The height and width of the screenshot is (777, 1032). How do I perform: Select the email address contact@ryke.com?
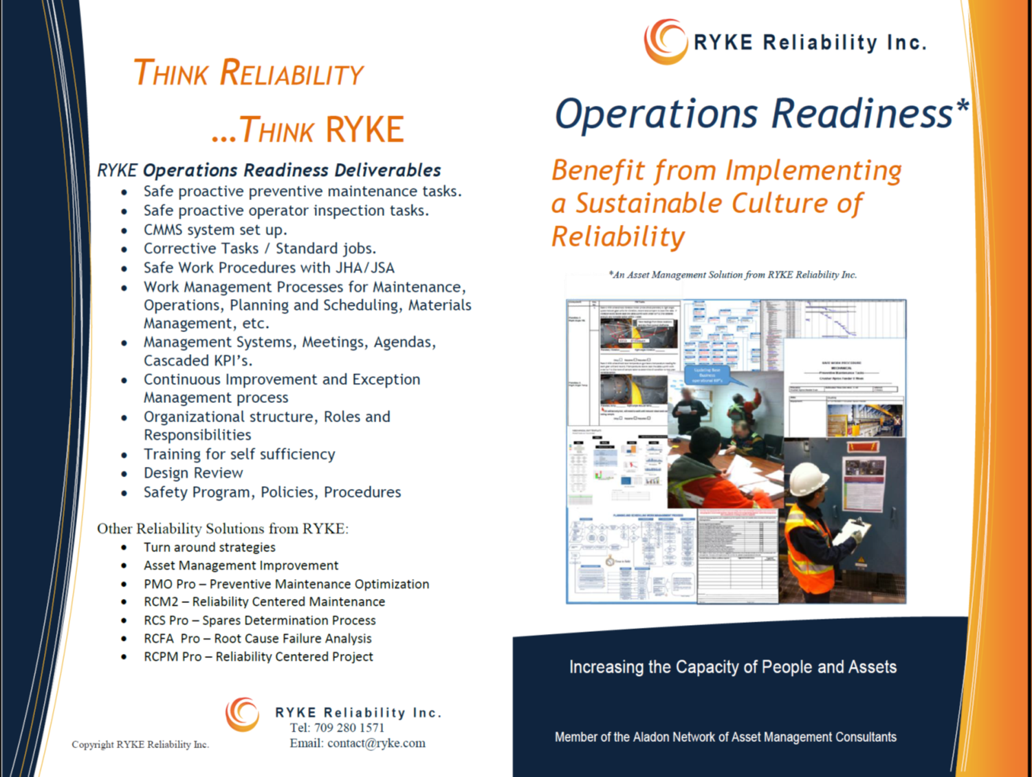[x=376, y=743]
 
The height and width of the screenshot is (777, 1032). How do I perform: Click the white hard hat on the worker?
[x=809, y=478]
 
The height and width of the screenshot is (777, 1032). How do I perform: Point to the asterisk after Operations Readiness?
[x=963, y=106]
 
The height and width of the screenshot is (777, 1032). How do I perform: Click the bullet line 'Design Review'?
[x=193, y=473]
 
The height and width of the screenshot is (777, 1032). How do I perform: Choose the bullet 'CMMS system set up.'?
[x=215, y=230]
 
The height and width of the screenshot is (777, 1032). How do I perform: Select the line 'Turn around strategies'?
[x=209, y=547]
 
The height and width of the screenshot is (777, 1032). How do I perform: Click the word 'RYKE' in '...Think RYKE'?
[x=364, y=130]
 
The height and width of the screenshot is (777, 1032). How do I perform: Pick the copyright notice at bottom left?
[x=140, y=745]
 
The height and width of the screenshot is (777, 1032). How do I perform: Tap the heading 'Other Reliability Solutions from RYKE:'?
[x=223, y=529]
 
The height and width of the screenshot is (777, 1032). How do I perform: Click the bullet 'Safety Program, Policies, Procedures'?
[x=272, y=492]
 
